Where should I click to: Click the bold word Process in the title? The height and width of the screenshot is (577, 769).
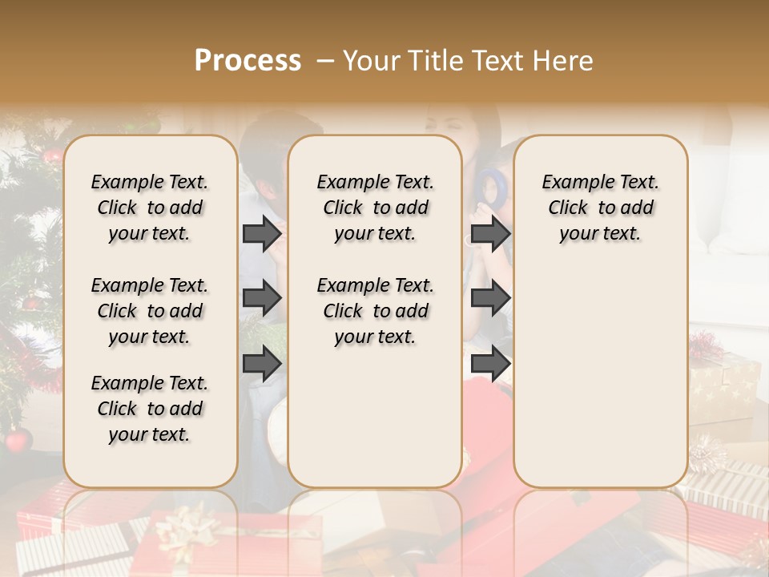click(x=248, y=61)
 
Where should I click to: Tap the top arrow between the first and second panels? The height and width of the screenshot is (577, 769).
click(x=262, y=234)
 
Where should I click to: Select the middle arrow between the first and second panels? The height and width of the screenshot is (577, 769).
click(x=262, y=298)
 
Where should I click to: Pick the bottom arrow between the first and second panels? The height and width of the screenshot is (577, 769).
click(x=262, y=363)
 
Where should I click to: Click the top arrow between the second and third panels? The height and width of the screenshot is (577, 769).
click(x=490, y=234)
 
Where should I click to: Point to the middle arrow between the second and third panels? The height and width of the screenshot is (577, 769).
click(x=490, y=298)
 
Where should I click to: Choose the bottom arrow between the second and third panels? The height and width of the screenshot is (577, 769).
click(x=490, y=363)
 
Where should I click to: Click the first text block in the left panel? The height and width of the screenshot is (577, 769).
click(x=150, y=208)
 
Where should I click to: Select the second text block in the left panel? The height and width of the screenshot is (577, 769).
click(x=150, y=311)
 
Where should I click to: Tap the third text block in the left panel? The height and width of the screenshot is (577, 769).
click(x=150, y=409)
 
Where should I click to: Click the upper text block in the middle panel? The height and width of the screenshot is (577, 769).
click(x=375, y=208)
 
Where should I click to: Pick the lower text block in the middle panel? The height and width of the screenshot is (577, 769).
click(x=375, y=311)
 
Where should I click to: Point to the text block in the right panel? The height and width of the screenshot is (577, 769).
click(x=600, y=208)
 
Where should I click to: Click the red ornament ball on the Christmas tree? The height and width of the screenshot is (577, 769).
click(x=18, y=439)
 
